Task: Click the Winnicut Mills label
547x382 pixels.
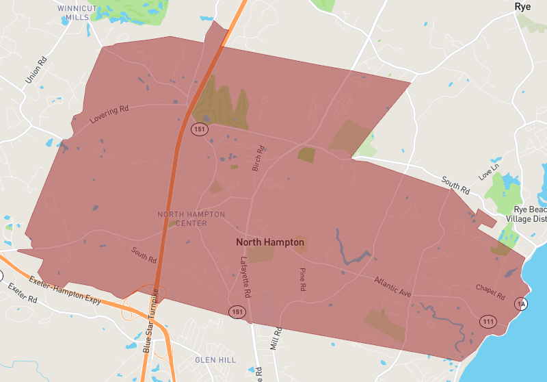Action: point(77,12)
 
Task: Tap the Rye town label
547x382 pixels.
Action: point(523,6)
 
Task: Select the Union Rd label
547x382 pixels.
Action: point(36,70)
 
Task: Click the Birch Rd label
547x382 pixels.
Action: point(258,157)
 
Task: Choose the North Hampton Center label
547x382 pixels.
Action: point(191,218)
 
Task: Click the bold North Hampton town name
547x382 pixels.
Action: point(270,242)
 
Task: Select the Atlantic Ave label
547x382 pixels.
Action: point(392,286)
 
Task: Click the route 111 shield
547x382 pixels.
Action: point(488,321)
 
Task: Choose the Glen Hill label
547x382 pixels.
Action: point(215,359)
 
